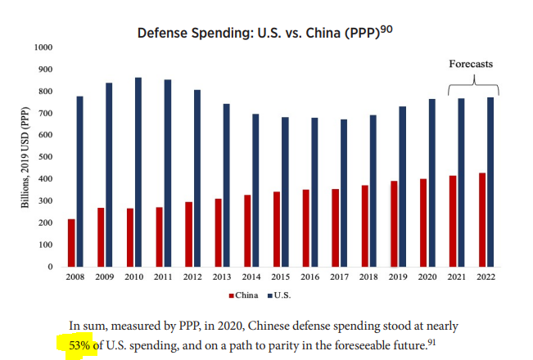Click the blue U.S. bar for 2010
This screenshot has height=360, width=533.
138,172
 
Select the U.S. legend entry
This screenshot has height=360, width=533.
282,294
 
